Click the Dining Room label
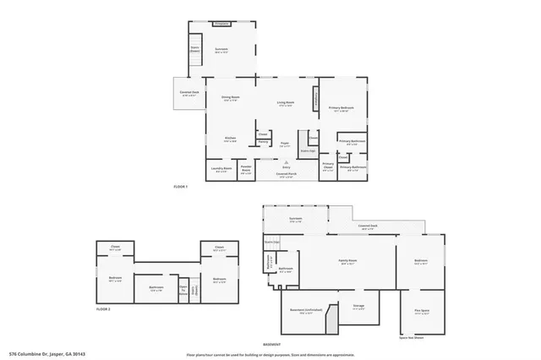[x=220, y=101]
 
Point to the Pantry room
[x=263, y=143]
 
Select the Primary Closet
[x=328, y=166]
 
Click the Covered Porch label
[x=286, y=177]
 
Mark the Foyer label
[x=286, y=145]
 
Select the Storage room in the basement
[x=358, y=306]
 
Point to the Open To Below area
[x=183, y=290]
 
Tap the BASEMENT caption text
[x=272, y=345]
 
